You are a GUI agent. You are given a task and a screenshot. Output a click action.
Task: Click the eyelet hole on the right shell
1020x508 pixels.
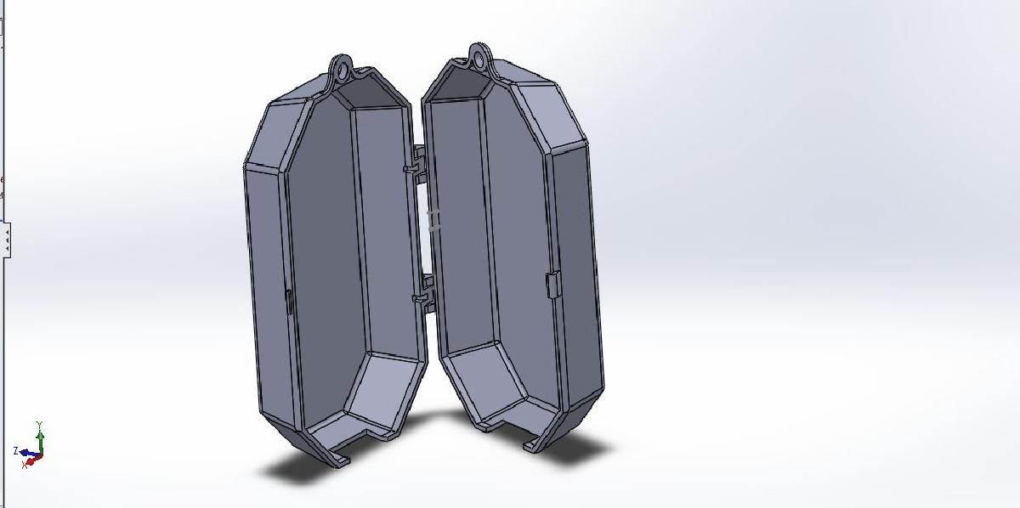[481, 59]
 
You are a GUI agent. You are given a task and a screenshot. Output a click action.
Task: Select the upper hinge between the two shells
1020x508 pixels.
[418, 164]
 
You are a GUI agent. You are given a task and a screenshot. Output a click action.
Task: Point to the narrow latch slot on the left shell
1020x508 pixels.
[289, 302]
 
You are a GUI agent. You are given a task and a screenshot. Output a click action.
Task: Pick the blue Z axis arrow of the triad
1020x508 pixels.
[26, 453]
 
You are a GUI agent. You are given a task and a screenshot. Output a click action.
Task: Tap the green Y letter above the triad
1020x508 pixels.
[40, 424]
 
